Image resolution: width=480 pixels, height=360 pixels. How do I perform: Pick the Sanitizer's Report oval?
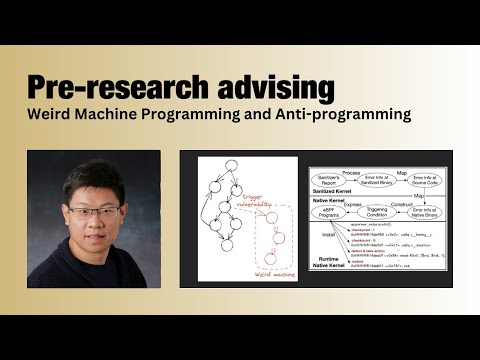[328, 180]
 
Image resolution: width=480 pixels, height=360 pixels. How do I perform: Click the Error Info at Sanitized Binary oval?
[376, 180]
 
